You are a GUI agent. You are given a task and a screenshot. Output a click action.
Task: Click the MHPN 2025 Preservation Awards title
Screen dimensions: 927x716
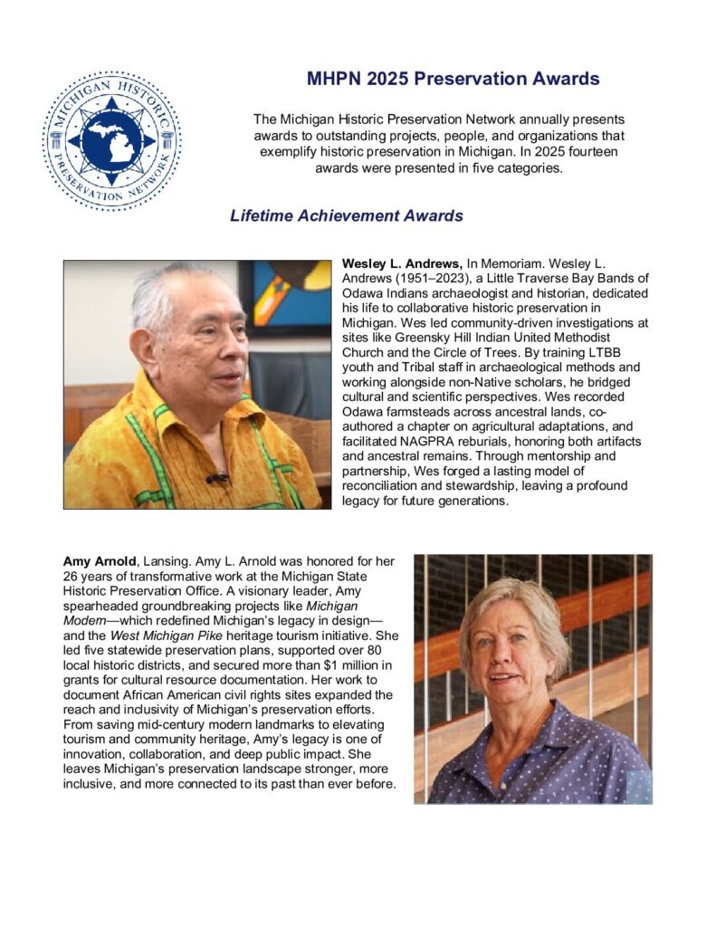[x=453, y=79]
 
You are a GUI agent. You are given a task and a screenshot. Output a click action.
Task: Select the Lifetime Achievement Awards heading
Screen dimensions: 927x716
[x=347, y=215]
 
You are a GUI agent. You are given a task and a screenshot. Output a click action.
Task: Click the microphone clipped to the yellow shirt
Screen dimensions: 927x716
[x=216, y=477]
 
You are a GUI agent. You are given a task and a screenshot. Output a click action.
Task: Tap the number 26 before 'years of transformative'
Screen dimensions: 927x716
[x=72, y=576]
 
